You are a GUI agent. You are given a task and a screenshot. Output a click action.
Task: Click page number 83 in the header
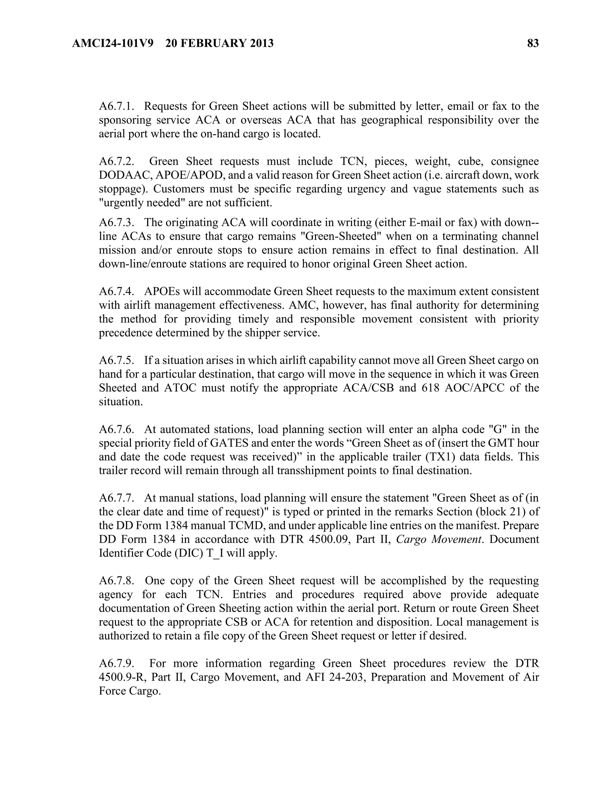(533, 44)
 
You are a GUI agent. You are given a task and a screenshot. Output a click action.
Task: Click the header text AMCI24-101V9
(112, 44)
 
